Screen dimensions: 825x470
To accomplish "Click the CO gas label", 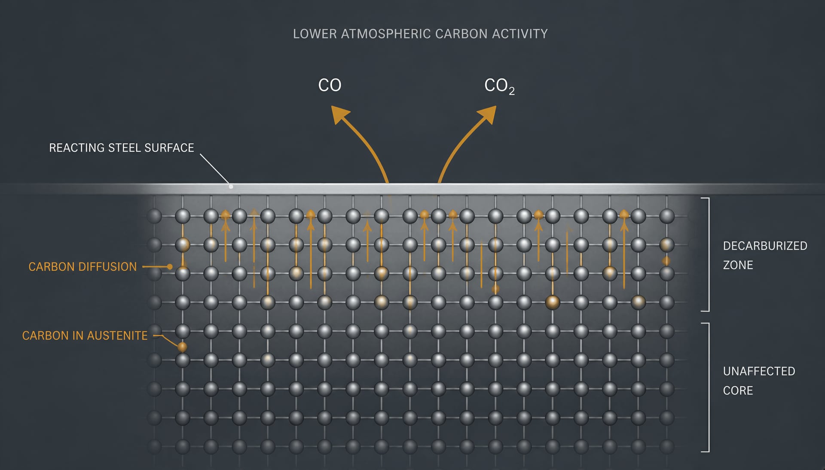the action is (330, 85).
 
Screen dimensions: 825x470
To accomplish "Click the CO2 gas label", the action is (499, 86).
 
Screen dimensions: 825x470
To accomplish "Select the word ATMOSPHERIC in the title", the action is (386, 34).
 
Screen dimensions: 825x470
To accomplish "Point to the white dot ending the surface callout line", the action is (231, 186).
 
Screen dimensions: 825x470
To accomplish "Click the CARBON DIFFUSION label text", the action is (82, 267).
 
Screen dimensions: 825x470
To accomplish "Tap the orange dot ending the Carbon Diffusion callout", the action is (170, 267).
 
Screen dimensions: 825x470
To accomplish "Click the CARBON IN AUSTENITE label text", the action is (85, 336).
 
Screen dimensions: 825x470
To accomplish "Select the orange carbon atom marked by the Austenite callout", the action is (182, 347).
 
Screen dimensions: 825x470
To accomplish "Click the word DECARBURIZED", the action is (765, 246).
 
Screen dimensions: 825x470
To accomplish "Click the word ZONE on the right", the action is (738, 265).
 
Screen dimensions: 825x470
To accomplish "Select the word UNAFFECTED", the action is (759, 371).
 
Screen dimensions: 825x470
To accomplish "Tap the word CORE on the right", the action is (738, 391).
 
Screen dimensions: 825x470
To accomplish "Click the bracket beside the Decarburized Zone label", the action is (708, 254).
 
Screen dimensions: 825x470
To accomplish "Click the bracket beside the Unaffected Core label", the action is (708, 387).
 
